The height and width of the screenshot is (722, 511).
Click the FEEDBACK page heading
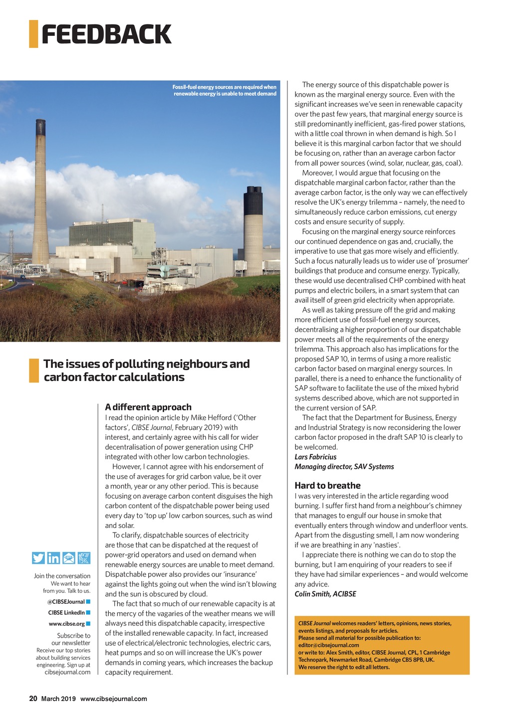click(106, 34)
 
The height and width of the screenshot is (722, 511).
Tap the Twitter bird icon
click(38, 558)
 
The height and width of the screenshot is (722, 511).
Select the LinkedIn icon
click(53, 558)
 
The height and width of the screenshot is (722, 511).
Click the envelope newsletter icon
click(69, 558)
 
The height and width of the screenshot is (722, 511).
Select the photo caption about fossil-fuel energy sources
click(224, 90)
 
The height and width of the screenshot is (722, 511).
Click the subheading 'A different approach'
click(148, 407)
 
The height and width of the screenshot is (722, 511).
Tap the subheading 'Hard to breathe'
click(327, 485)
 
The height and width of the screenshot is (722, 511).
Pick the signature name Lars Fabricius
click(315, 457)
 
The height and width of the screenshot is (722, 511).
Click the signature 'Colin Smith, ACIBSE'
click(325, 594)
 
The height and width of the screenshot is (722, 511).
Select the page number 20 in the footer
click(33, 699)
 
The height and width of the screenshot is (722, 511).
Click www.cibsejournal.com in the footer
click(114, 699)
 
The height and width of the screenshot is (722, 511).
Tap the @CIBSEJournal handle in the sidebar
click(66, 602)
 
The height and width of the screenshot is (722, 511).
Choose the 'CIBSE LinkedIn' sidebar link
click(66, 613)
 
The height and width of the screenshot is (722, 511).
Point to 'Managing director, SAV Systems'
click(344, 467)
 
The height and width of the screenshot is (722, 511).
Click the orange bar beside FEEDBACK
click(33, 34)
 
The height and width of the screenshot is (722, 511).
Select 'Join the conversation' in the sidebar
click(62, 576)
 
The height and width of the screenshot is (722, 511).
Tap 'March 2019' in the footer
click(58, 699)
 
